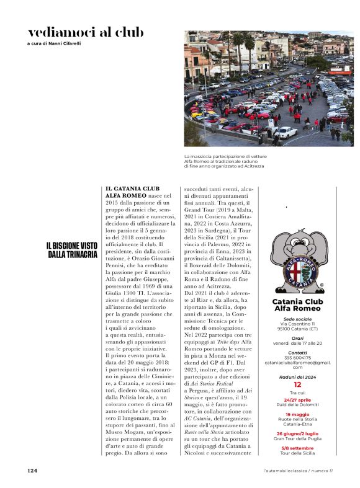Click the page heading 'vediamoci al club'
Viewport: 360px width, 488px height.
point(86,32)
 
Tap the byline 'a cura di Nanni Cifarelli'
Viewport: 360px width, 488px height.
point(54,43)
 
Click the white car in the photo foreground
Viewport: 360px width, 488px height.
point(286,131)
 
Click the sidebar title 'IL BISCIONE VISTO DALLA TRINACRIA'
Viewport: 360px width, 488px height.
point(72,250)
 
